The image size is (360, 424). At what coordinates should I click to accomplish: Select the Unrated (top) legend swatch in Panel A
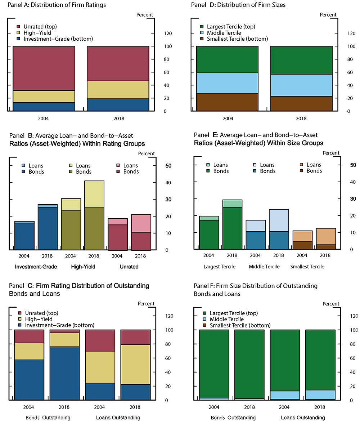click(x=18, y=27)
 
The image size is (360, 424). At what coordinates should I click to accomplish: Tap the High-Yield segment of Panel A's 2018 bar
click(x=118, y=90)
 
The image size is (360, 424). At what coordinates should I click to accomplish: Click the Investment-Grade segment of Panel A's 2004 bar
click(x=44, y=107)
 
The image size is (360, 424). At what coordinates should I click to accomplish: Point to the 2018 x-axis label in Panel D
click(x=301, y=118)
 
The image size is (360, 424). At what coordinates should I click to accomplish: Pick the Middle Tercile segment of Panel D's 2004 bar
click(x=228, y=83)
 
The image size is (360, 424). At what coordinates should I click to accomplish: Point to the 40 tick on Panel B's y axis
click(x=168, y=183)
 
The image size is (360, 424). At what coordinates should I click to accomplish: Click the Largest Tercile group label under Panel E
click(x=220, y=267)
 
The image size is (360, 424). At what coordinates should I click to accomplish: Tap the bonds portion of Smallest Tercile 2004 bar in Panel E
click(x=302, y=245)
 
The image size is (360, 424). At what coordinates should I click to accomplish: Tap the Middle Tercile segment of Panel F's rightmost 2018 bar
click(x=320, y=394)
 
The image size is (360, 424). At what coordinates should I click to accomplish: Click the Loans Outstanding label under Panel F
click(x=302, y=418)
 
